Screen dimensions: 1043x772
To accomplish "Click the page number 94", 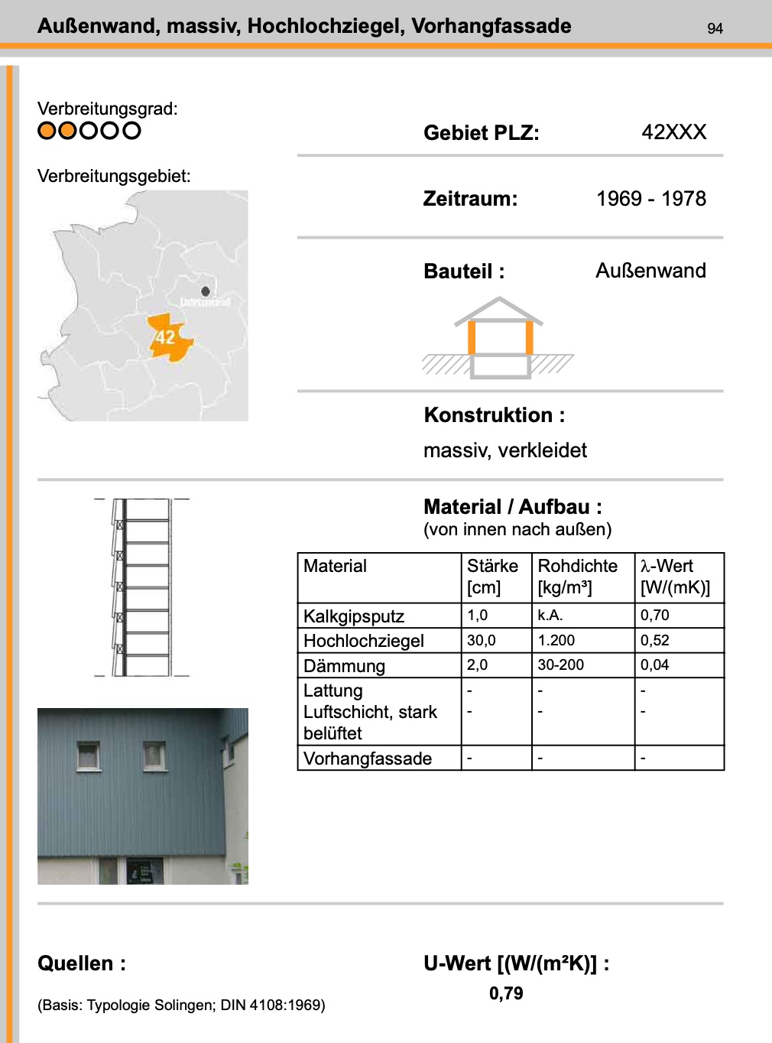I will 715,28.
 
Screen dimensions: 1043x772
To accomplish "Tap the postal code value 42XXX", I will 673,132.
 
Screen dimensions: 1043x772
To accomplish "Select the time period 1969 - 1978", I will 650,199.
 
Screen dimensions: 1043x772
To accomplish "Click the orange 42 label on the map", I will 166,337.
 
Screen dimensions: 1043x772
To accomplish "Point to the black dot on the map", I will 206,291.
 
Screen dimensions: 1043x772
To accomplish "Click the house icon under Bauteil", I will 499,338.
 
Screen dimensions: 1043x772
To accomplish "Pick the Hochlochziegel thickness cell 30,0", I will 482,640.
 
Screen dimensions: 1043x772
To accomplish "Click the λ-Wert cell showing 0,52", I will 654,640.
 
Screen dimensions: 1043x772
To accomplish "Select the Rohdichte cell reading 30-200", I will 560,665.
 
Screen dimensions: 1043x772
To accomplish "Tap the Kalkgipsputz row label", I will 353,616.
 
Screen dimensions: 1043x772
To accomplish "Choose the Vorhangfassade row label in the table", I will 368,759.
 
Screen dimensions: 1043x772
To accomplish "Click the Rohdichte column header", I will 577,567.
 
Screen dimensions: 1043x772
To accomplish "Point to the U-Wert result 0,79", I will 506,993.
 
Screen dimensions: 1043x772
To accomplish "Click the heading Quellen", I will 81,963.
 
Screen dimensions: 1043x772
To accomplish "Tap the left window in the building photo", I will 89,755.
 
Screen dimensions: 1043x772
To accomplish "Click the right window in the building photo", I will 155,755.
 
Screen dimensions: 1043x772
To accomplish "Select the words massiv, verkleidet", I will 504,450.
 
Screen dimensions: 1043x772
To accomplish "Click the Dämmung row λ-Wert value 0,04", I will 654,665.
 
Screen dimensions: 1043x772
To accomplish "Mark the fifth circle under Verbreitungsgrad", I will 132,131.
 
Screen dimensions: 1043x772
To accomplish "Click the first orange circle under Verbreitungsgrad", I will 47,131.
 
